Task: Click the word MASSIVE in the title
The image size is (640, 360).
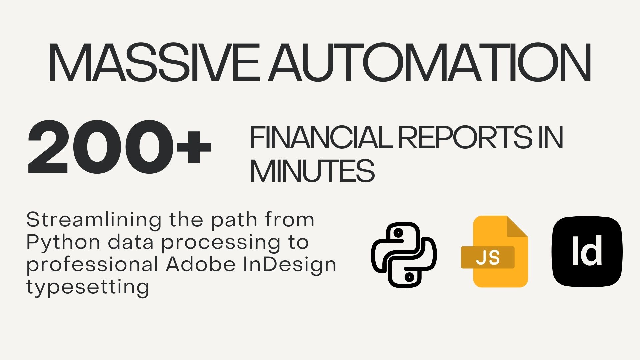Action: point(154,62)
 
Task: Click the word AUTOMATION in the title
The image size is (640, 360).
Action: point(430,62)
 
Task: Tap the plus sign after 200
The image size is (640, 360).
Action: point(194,147)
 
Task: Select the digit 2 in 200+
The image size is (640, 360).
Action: point(48,147)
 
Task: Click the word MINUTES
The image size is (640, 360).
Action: point(312,171)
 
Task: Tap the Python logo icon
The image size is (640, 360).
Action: point(404,255)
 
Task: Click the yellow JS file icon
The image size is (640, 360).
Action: point(494,251)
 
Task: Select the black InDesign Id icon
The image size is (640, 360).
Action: point(587,251)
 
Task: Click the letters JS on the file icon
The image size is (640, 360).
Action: point(488,258)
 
